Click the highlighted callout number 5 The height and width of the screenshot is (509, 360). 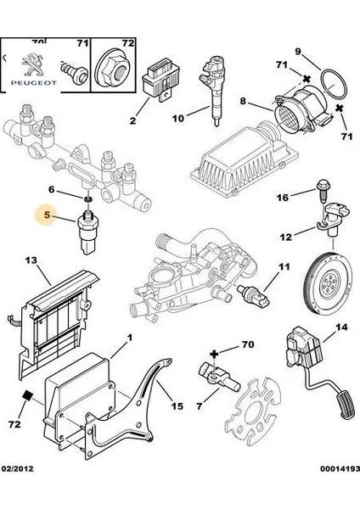click(x=47, y=215)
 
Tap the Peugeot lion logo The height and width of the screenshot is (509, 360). click(x=32, y=64)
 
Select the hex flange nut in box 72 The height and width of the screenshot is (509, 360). click(x=112, y=69)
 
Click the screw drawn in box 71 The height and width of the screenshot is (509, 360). click(x=74, y=71)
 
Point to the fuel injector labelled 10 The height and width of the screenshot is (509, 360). click(x=212, y=90)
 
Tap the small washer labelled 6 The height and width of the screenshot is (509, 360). click(x=87, y=199)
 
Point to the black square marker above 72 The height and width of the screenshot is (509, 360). click(x=27, y=395)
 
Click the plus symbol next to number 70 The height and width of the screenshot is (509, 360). click(x=214, y=354)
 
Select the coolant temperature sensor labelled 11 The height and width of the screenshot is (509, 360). click(x=253, y=294)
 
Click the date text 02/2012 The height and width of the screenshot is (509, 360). click(x=18, y=469)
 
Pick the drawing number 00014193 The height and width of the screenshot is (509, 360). click(x=340, y=469)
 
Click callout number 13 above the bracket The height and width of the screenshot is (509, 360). click(x=31, y=260)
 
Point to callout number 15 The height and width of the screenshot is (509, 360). click(x=177, y=406)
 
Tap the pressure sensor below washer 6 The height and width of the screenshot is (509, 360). click(x=87, y=232)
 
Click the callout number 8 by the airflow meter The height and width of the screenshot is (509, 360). click(x=243, y=101)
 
